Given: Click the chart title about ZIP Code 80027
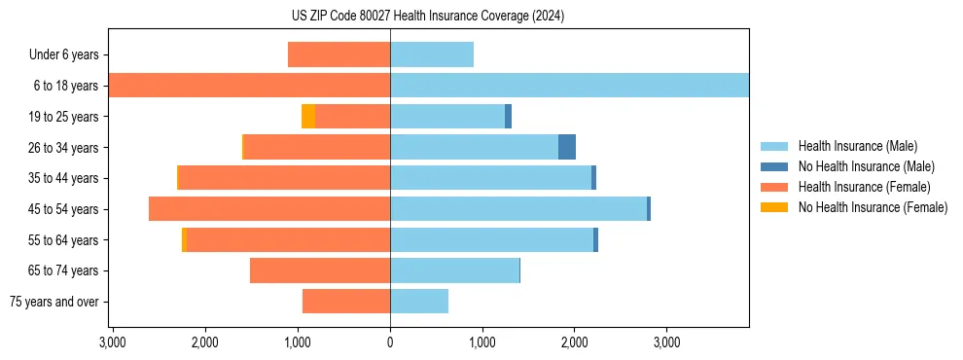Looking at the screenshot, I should tap(428, 17).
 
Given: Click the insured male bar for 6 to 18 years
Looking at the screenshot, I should tap(569, 86).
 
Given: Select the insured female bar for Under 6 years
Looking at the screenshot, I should tap(339, 54).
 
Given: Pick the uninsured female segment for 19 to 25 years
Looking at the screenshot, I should tap(308, 117).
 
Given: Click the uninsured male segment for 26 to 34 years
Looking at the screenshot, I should tap(567, 147).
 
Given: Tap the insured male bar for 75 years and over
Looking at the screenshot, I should tap(419, 302).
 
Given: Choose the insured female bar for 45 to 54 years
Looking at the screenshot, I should tap(269, 209).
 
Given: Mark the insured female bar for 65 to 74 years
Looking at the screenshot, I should tap(320, 270).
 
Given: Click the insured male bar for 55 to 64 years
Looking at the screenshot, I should tap(491, 240).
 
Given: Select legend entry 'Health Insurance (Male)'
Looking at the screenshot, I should tap(857, 146).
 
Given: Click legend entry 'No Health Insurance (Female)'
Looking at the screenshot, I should tap(873, 207).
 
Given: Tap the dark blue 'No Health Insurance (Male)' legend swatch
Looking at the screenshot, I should tap(775, 166).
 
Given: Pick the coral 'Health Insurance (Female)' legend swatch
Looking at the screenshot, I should tap(775, 187).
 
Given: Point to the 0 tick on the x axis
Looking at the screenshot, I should tap(390, 342).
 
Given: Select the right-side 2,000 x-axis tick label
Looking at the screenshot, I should tap(574, 342).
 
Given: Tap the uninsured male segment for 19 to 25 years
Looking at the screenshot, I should tap(508, 117).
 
